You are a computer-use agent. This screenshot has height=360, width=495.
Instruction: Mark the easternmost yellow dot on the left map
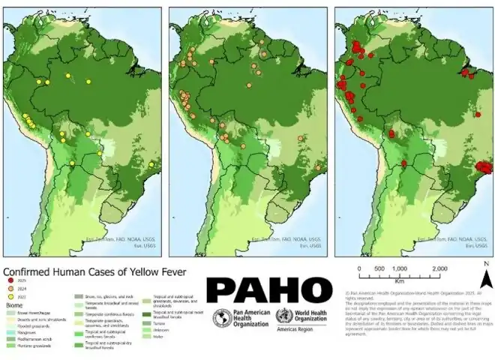pos(151,165)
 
